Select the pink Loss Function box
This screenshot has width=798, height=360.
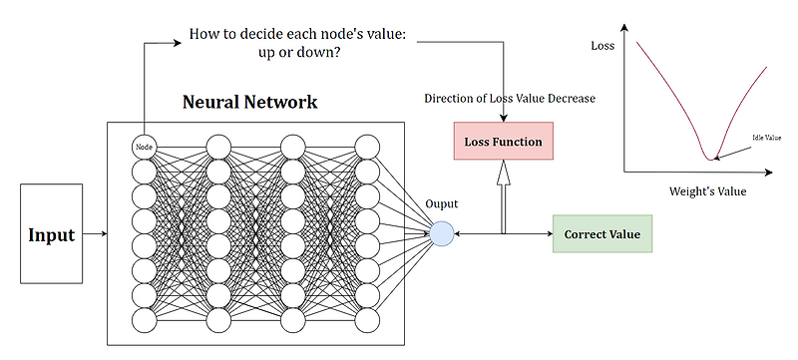[x=503, y=142]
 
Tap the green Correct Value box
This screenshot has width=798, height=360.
[x=602, y=234]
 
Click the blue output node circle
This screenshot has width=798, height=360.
[x=442, y=234]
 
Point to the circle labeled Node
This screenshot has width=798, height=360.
[x=145, y=147]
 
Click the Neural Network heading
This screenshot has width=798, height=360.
[x=249, y=102]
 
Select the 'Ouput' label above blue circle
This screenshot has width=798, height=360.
[x=441, y=203]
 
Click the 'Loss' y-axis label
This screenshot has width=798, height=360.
[x=603, y=46]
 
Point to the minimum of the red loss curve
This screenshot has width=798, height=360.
[x=710, y=158]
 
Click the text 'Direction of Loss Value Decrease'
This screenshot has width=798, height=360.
[x=509, y=99]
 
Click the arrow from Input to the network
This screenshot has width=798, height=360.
[x=91, y=234]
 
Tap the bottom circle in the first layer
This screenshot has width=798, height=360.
[x=145, y=321]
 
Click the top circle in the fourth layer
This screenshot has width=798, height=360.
[x=368, y=147]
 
